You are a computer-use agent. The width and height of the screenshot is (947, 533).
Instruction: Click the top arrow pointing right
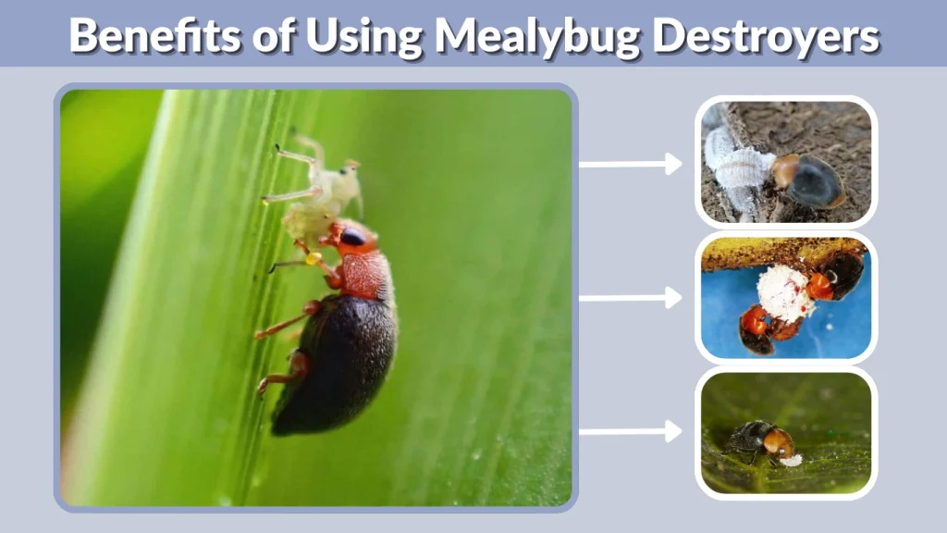pyautogui.click(x=630, y=165)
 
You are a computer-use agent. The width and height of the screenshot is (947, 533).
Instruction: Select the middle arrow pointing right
pyautogui.click(x=630, y=298)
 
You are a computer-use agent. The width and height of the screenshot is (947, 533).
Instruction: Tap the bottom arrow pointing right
pyautogui.click(x=630, y=431)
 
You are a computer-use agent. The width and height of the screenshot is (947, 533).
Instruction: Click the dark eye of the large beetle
pyautogui.click(x=352, y=236)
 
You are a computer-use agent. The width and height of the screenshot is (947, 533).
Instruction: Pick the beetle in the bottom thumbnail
pyautogui.click(x=758, y=440)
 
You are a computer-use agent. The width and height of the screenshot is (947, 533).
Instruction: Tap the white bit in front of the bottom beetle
pyautogui.click(x=791, y=459)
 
